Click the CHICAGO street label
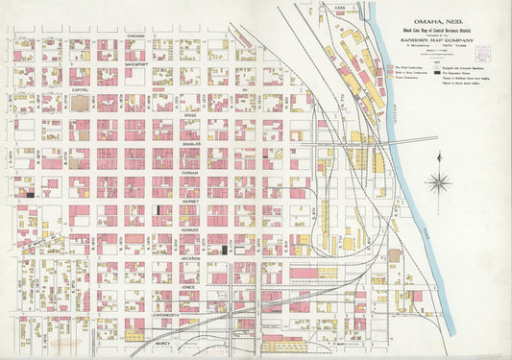135,35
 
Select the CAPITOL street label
81,90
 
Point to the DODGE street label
189,116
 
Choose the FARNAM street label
188,175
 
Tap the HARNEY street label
189,203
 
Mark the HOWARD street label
189,230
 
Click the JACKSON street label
189,258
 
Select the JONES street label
188,286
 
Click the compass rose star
440,180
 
